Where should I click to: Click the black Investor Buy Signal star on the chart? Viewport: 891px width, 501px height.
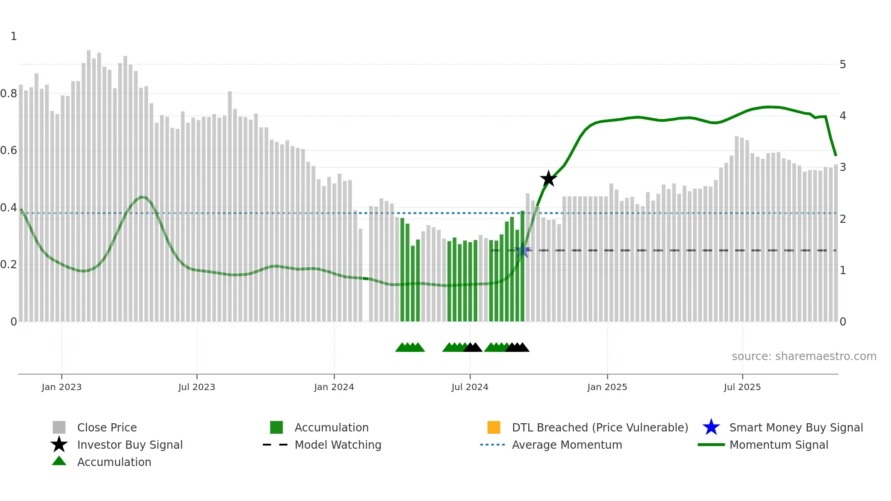pyautogui.click(x=548, y=179)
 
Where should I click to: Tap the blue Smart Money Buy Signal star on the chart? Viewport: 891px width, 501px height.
pyautogui.click(x=523, y=250)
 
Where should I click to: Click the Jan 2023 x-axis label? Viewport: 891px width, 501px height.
pyautogui.click(x=61, y=387)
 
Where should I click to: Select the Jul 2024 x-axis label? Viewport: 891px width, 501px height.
pyautogui.click(x=470, y=387)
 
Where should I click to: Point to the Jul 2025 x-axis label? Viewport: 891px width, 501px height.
pyautogui.click(x=742, y=387)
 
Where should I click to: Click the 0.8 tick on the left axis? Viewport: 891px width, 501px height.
pyautogui.click(x=9, y=94)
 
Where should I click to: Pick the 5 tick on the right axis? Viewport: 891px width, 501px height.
pyautogui.click(x=842, y=65)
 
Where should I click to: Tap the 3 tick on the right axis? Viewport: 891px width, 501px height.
pyautogui.click(x=842, y=167)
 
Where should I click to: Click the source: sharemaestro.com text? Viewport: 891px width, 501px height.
pyautogui.click(x=804, y=356)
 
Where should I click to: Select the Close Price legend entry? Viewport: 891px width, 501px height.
pyautogui.click(x=107, y=427)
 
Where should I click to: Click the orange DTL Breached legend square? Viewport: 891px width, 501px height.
pyautogui.click(x=494, y=427)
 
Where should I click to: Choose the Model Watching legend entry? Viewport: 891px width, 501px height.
pyautogui.click(x=337, y=445)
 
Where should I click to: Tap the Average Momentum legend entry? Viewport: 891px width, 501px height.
pyautogui.click(x=566, y=445)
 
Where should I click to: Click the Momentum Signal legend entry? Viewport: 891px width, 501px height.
pyautogui.click(x=778, y=445)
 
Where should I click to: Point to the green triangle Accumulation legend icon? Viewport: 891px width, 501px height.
pyautogui.click(x=59, y=461)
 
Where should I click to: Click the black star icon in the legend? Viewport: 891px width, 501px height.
pyautogui.click(x=59, y=445)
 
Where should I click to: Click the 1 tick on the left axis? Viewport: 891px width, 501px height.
pyautogui.click(x=14, y=36)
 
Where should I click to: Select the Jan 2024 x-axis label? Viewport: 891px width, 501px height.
pyautogui.click(x=334, y=387)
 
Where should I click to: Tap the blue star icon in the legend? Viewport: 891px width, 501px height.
pyautogui.click(x=711, y=427)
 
